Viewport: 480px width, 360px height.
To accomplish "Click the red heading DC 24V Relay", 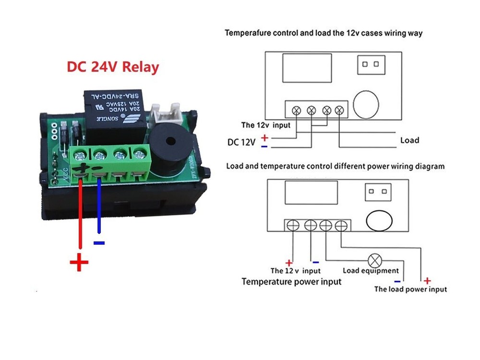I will click(112, 67).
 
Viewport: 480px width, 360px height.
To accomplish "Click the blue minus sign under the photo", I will click(99, 243).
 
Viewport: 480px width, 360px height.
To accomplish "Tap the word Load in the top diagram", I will click(409, 140).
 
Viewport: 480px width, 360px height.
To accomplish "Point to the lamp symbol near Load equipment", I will click(374, 261).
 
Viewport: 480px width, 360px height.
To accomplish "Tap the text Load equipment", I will click(371, 271).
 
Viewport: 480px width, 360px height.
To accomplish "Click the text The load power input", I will click(410, 289).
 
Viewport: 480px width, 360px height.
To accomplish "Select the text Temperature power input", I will click(291, 281).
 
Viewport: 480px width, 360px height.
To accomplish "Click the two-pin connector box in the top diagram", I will click(372, 64).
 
